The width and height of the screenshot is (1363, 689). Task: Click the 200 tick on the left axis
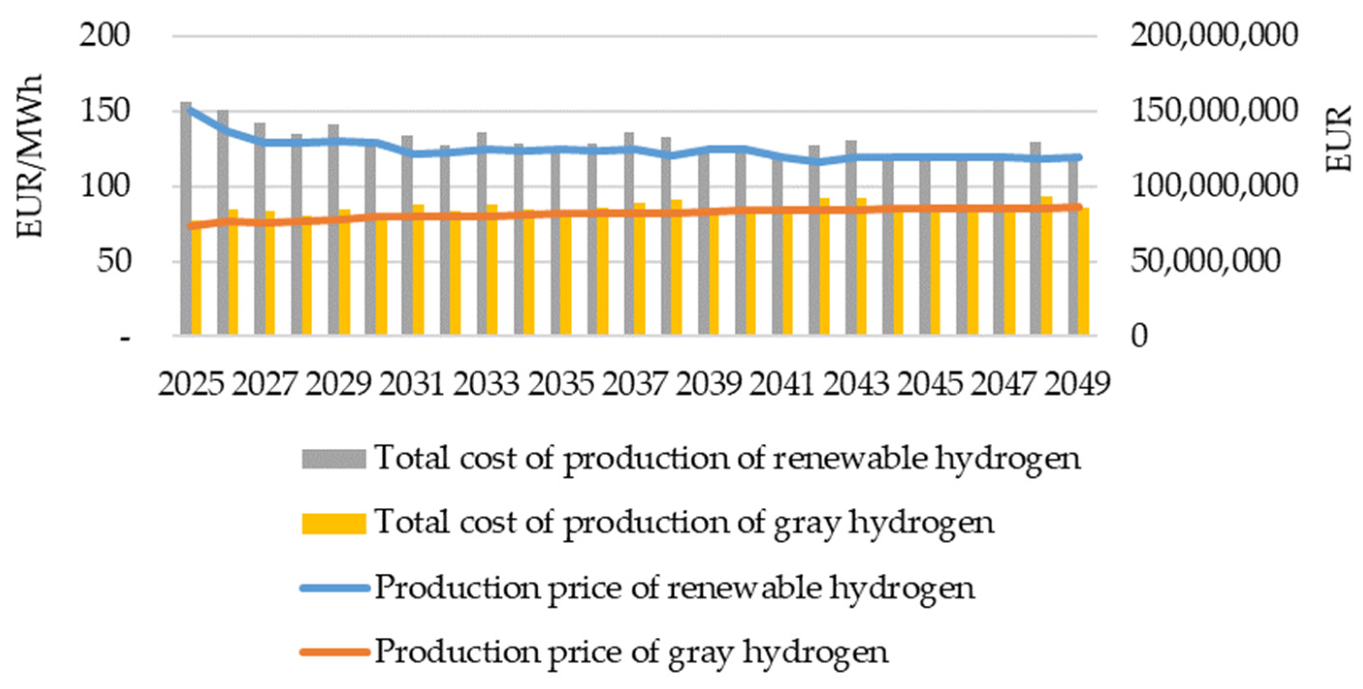[104, 36]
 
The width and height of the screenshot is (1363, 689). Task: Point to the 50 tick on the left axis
[113, 261]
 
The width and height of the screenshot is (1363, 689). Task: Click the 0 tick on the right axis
[1140, 336]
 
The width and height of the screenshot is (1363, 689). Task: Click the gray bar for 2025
[186, 222]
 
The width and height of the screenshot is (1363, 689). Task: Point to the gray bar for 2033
[481, 238]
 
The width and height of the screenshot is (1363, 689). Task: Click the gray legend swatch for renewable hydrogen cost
[333, 458]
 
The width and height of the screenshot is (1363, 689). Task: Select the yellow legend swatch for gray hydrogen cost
[333, 523]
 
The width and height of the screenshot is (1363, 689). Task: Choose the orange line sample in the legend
[333, 652]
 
